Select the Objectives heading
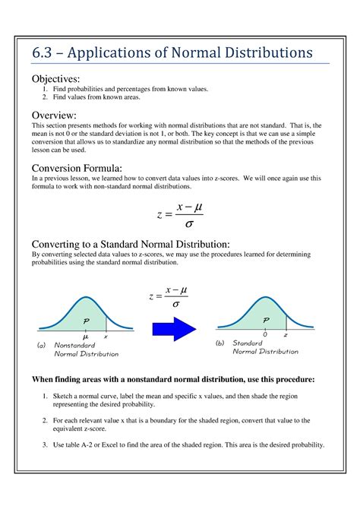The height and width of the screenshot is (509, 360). coord(55,79)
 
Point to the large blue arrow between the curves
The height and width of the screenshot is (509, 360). coord(174,329)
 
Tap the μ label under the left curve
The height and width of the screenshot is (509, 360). coord(86,335)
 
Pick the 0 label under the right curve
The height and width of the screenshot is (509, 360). coord(265,334)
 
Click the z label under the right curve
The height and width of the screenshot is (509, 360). coord(286,334)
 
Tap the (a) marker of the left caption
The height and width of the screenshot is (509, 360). coord(42,345)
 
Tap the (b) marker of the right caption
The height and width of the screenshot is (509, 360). coord(219,343)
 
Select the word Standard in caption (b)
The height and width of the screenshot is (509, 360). coord(247,343)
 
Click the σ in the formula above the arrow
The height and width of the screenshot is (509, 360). coord(176,304)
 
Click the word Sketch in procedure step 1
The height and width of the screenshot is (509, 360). coord(63,397)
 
